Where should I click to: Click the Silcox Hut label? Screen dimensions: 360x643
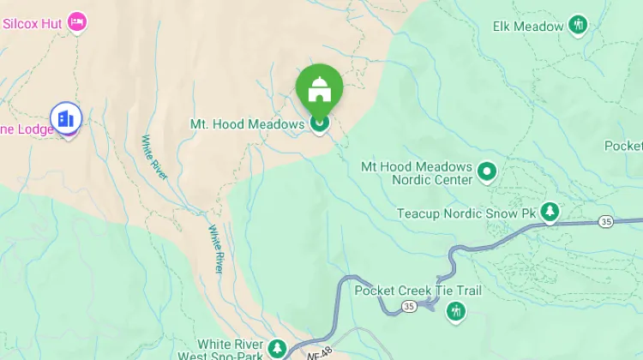[33, 23]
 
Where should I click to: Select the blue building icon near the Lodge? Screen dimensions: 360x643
[65, 117]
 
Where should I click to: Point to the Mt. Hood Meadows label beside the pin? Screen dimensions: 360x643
[247, 124]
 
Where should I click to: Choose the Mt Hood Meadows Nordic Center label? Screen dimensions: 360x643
[417, 173]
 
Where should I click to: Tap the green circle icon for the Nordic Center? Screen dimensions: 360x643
[488, 172]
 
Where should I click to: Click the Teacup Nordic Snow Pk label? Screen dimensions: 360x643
[466, 213]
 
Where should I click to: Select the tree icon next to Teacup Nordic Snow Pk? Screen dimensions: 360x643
[550, 212]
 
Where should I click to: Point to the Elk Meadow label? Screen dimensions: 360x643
[528, 26]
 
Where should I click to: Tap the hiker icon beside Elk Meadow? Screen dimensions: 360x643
[579, 25]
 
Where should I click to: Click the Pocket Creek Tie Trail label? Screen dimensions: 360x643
[418, 291]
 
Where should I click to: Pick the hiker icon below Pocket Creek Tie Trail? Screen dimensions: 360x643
[456, 310]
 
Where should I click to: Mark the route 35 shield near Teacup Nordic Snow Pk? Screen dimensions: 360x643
[607, 222]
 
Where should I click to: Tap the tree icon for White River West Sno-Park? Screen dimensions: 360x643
[276, 348]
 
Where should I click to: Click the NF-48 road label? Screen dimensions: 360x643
[319, 351]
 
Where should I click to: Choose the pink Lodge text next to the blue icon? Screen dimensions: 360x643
[27, 129]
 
